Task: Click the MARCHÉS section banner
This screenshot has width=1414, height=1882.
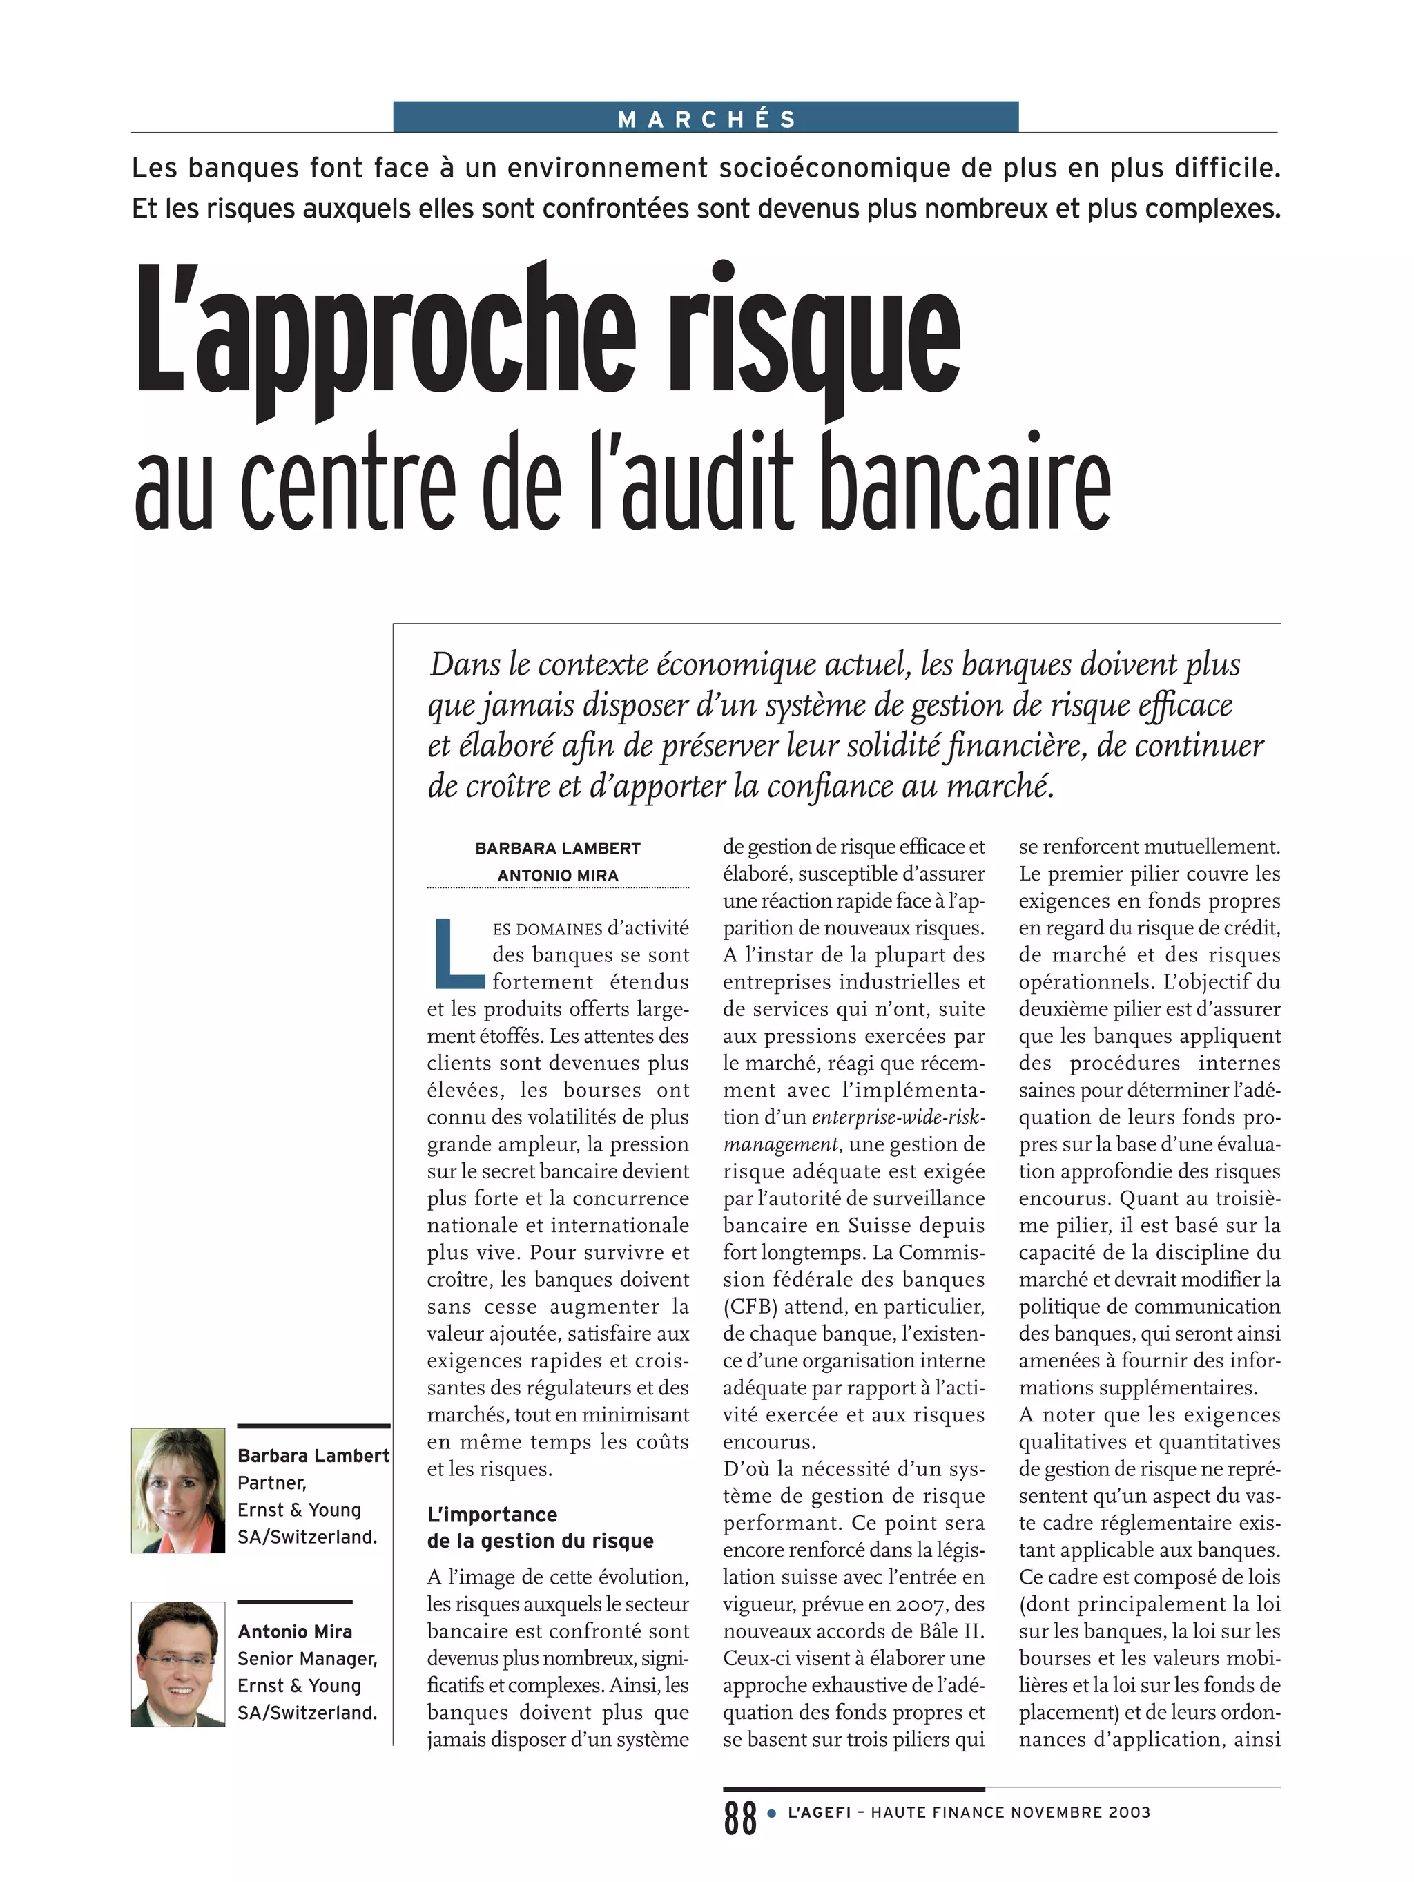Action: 706,117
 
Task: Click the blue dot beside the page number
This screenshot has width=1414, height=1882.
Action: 772,1813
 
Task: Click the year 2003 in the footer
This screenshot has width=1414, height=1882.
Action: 1128,1812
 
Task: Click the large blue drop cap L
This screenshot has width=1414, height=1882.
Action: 458,953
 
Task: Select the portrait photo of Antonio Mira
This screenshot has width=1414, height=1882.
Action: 178,1664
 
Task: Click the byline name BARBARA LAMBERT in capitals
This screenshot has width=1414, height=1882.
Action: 557,848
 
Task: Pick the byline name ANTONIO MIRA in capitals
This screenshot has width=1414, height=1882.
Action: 557,876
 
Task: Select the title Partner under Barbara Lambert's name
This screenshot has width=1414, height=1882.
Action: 271,1483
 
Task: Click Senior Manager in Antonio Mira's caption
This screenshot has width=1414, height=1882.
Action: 307,1658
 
